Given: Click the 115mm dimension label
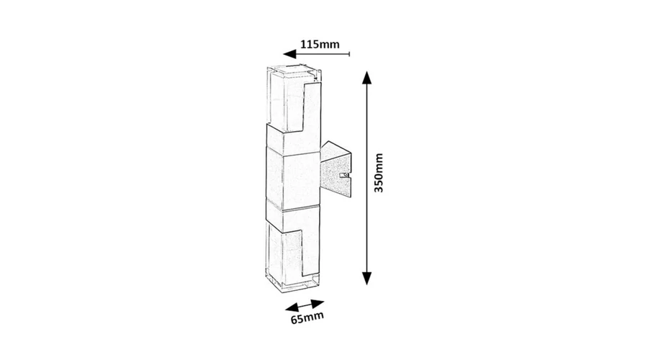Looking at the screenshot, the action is tap(320, 44).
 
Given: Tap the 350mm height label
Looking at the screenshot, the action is tap(379, 173).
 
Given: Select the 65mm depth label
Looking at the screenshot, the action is tap(307, 318).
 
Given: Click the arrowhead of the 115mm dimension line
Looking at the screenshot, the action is tap(289, 54).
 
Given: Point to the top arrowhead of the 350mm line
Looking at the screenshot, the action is tap(367, 77).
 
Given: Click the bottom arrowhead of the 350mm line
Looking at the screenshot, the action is tap(367, 279).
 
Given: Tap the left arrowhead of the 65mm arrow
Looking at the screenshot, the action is tap(292, 308).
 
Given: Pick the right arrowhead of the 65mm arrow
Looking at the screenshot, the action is tap(318, 304).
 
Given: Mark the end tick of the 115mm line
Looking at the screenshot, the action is tap(350, 54).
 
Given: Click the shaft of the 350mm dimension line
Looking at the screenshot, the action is tap(367, 178).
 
